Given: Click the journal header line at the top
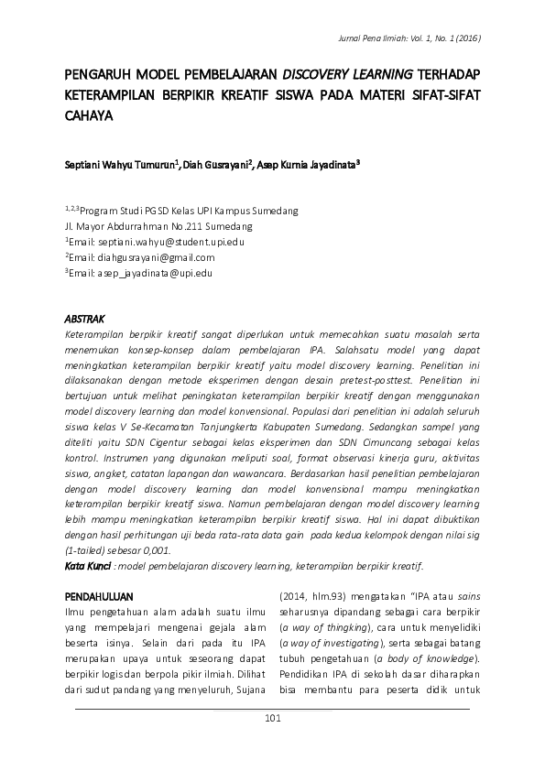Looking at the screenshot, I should coord(409,38).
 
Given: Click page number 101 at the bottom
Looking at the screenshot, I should coord(271,719).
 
